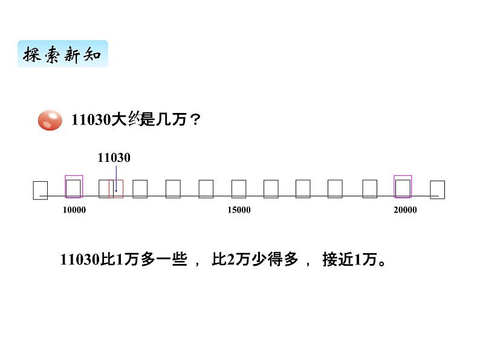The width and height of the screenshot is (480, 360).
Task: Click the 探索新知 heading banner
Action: point(62,54)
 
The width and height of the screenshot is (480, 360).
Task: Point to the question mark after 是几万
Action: point(195,120)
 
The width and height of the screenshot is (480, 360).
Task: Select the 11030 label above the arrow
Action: point(114,158)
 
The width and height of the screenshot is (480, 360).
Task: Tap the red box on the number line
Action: point(115,188)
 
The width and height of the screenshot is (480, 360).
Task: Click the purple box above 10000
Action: point(74,187)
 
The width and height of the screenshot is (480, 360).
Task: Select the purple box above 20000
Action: point(403,187)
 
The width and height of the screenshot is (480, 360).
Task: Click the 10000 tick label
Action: point(74,210)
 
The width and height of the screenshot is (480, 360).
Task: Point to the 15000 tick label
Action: point(239,210)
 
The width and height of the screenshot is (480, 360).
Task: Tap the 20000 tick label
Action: point(404,210)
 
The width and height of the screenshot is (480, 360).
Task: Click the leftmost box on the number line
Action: point(41,190)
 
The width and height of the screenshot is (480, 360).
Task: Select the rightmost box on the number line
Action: point(437,190)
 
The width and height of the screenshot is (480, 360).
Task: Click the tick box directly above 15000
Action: point(239,189)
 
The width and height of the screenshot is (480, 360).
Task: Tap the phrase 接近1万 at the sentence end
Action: point(349,260)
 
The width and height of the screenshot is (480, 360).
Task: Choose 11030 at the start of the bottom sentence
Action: point(79,260)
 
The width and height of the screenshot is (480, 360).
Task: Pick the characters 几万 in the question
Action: point(171,120)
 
